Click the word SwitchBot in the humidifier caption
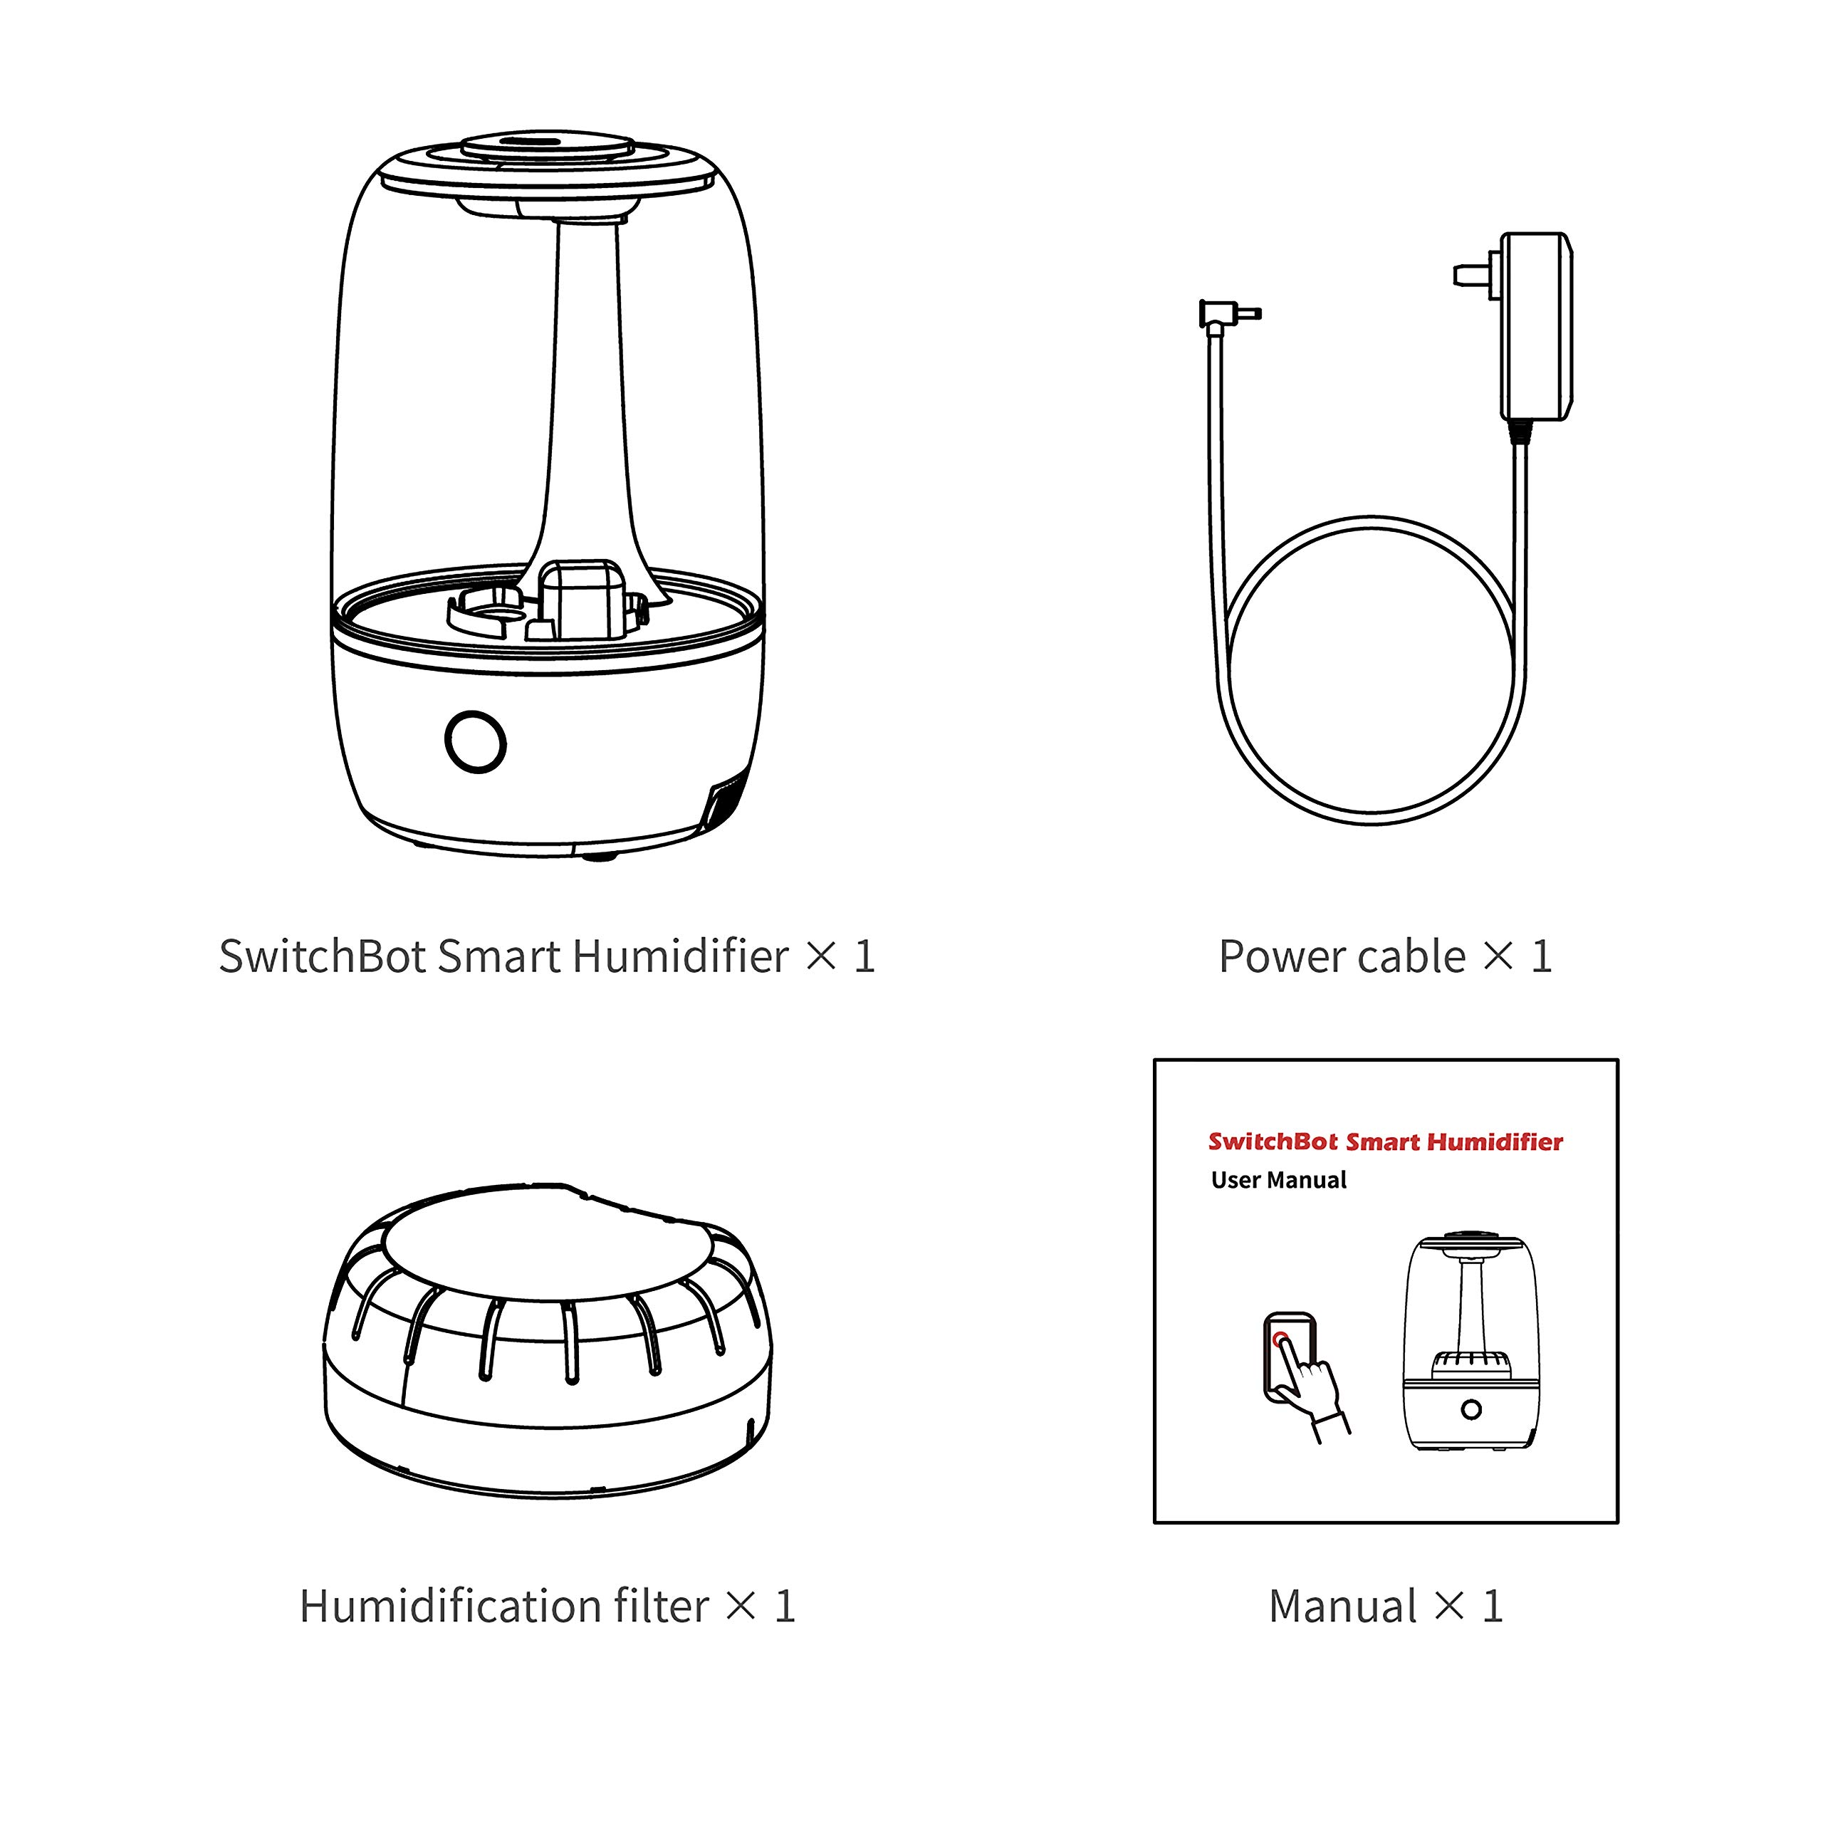point(323,957)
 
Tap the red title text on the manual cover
point(1385,1142)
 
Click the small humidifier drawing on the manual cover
point(1471,1343)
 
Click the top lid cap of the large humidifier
point(548,148)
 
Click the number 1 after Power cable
point(1541,957)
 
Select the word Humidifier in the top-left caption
point(679,957)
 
